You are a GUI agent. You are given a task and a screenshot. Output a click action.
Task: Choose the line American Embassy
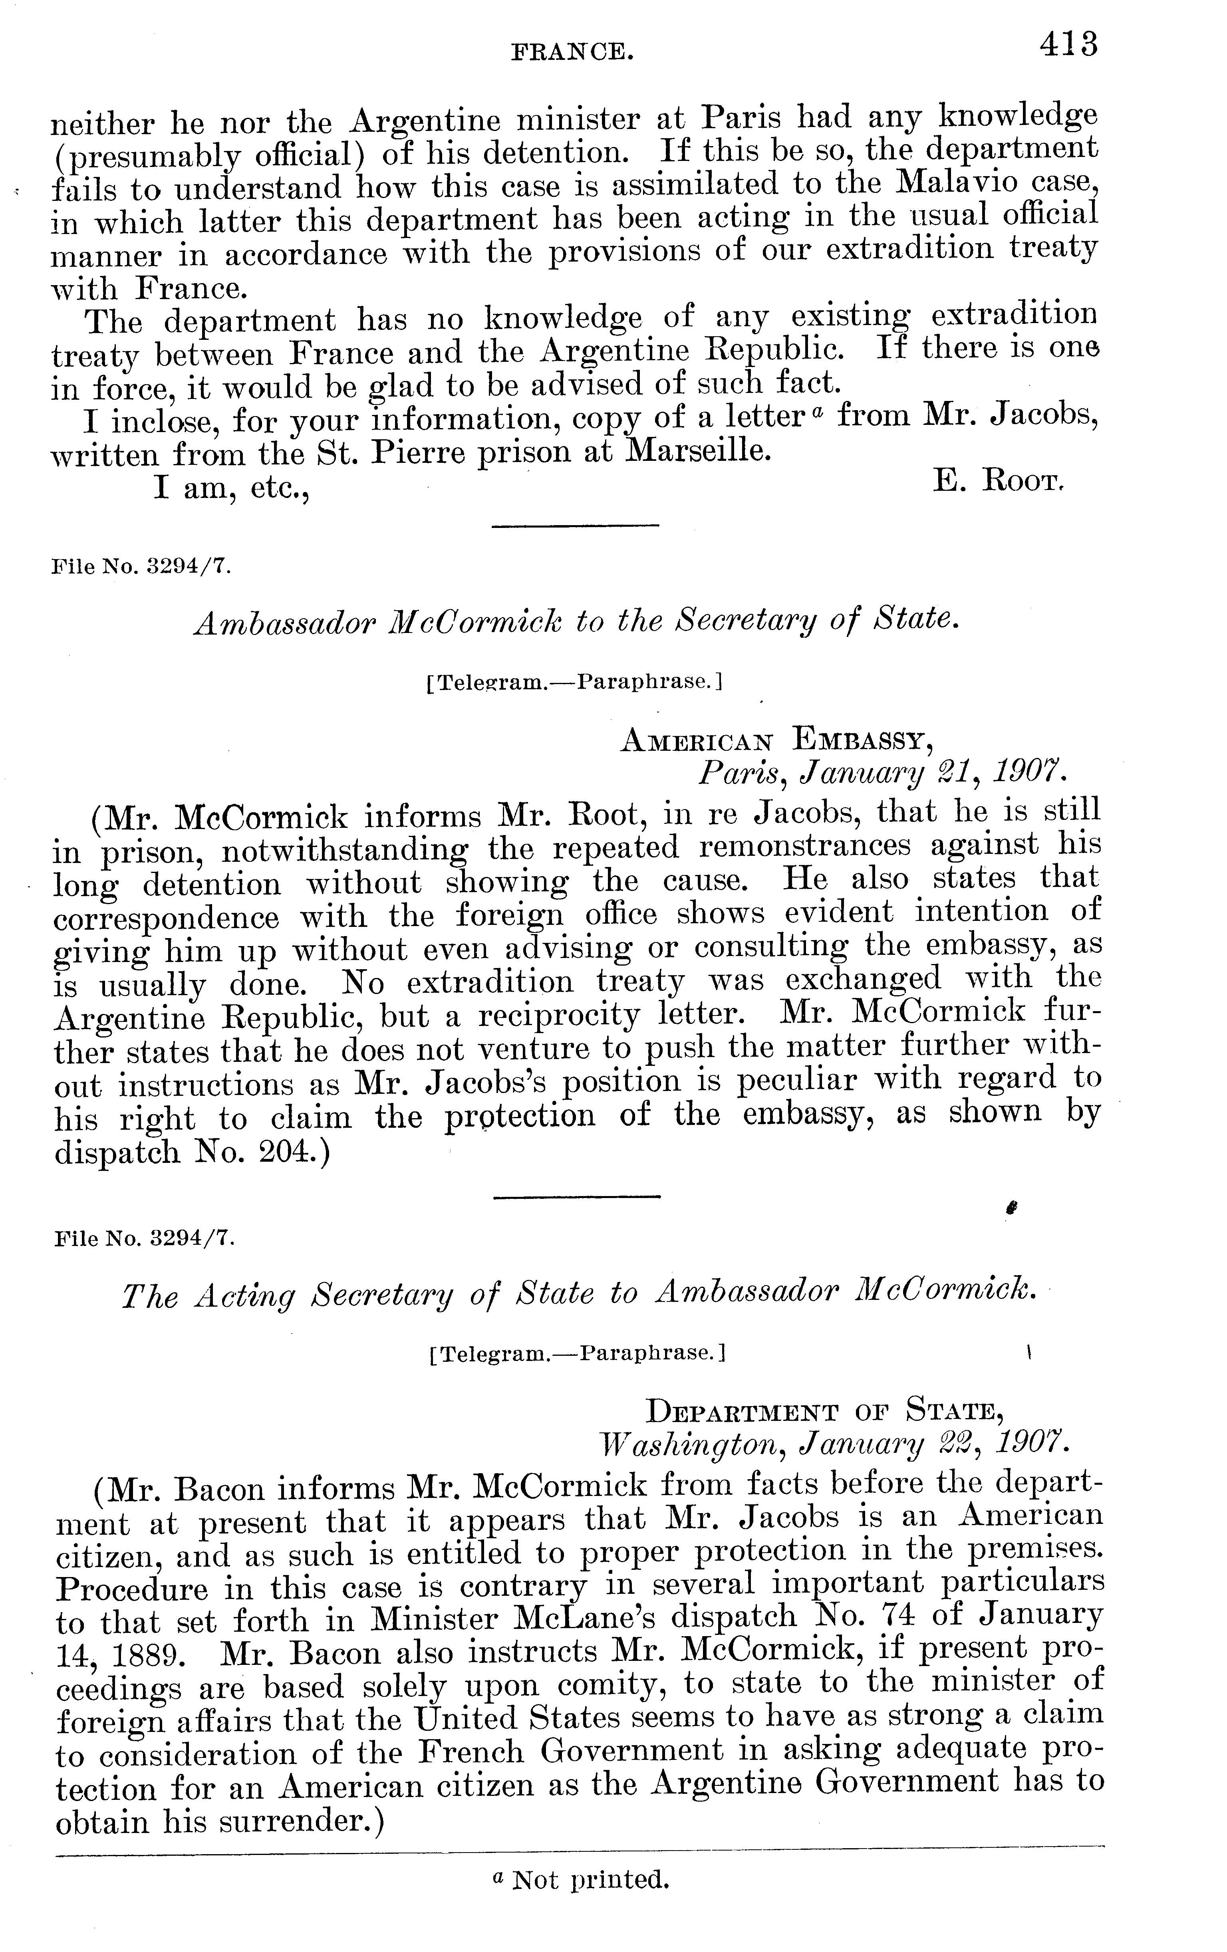(x=775, y=739)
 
